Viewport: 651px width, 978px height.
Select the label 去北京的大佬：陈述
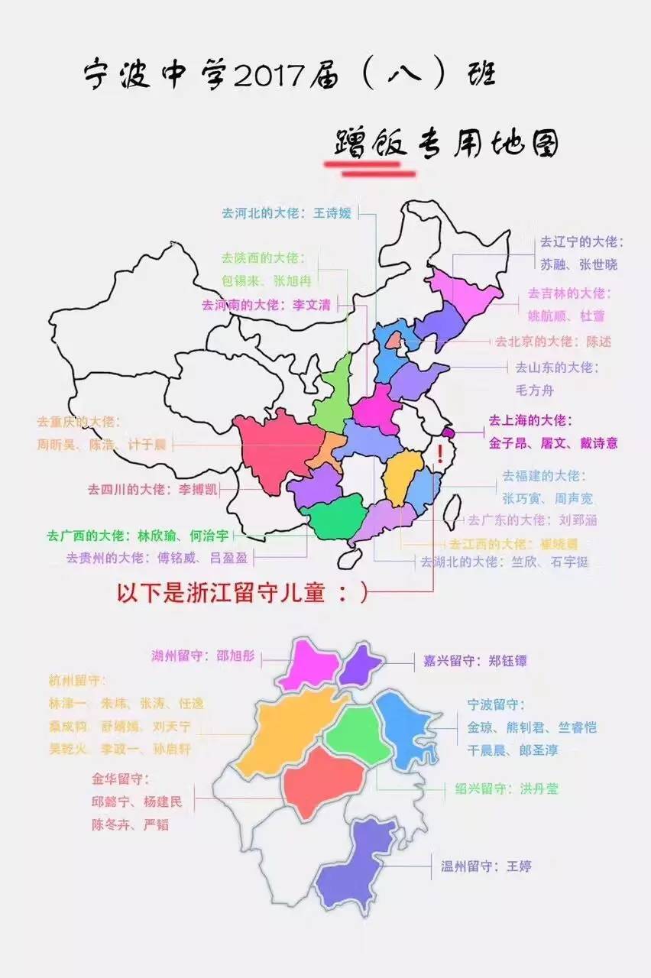pos(553,341)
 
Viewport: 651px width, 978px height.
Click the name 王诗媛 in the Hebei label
pos(332,213)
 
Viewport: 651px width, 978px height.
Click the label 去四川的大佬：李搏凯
pos(153,489)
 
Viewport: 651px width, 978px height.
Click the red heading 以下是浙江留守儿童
pos(241,593)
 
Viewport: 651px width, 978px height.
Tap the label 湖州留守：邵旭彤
pos(203,656)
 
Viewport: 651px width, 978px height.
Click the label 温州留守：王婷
pos(486,866)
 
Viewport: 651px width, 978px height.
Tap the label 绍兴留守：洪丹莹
pos(507,788)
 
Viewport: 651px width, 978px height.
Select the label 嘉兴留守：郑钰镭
pos(475,661)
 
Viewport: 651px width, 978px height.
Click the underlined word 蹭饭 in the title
pos(370,144)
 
